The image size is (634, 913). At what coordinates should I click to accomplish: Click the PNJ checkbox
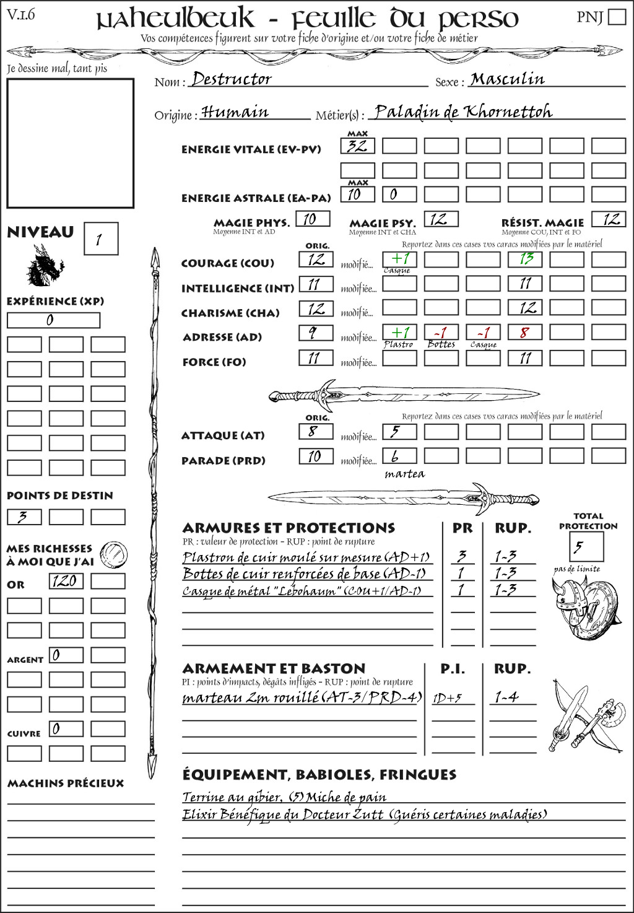pos(617,16)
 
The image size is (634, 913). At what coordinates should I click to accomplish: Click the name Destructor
pos(232,79)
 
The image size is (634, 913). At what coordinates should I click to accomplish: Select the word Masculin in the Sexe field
pos(507,79)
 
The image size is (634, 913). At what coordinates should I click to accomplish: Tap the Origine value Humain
pos(235,112)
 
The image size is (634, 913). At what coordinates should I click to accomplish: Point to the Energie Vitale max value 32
pos(357,146)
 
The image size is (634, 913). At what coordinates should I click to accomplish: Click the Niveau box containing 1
pos(100,239)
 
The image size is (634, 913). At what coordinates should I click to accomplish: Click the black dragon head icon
pos(45,266)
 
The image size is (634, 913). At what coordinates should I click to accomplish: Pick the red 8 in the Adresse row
pos(524,333)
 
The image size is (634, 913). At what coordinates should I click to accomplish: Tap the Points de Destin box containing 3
pos(24,517)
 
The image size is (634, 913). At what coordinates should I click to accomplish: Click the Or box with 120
pos(66,581)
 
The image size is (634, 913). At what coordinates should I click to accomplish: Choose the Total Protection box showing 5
pos(586,547)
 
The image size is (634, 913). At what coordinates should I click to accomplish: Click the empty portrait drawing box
pos(70,143)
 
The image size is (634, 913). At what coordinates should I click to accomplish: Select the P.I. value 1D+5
pos(447,698)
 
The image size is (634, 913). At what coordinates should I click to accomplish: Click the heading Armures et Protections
pos(289,528)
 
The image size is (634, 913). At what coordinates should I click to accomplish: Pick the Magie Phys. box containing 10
pos(313,219)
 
